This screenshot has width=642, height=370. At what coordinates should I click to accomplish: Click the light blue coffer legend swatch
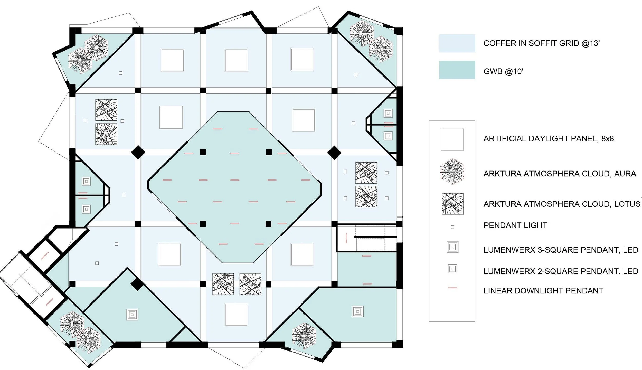click(x=457, y=43)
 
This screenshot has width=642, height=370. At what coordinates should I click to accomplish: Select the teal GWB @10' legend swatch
click(x=457, y=70)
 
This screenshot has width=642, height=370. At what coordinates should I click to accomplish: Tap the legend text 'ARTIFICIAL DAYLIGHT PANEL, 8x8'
click(x=549, y=139)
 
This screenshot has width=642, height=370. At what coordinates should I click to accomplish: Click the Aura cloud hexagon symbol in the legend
click(x=452, y=172)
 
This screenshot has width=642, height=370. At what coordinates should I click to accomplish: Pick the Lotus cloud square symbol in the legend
click(x=452, y=204)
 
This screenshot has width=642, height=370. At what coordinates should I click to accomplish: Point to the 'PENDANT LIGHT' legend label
click(x=515, y=225)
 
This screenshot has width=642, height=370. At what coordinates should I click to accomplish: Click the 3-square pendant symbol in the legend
click(x=452, y=247)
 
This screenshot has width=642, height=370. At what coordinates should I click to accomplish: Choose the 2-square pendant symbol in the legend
click(x=452, y=269)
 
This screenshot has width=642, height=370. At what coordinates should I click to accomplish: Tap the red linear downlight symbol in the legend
click(x=452, y=288)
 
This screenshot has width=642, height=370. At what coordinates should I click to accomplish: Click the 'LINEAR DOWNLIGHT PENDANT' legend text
click(x=543, y=291)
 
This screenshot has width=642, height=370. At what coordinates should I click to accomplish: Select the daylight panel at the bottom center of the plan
click(x=236, y=315)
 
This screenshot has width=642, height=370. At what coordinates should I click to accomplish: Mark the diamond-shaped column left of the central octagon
click(x=138, y=152)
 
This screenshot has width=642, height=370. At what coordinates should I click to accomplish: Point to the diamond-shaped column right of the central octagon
click(x=334, y=153)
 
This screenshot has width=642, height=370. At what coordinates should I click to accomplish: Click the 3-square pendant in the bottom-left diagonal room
click(x=132, y=314)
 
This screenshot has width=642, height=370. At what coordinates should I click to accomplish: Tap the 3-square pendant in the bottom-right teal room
click(x=357, y=311)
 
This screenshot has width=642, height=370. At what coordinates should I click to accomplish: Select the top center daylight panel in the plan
click(x=236, y=60)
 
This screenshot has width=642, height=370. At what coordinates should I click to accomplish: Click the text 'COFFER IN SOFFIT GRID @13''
click(x=542, y=43)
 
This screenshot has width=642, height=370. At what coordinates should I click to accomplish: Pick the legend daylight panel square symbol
click(x=452, y=139)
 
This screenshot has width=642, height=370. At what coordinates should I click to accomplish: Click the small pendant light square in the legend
click(x=452, y=227)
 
